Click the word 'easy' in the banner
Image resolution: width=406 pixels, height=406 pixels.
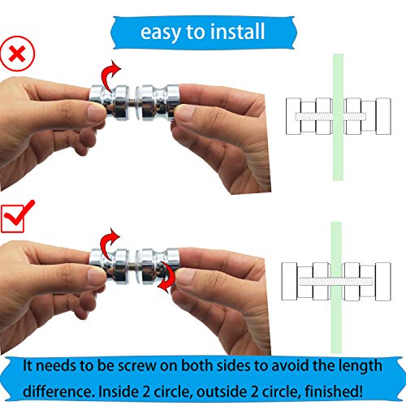pos(159,32)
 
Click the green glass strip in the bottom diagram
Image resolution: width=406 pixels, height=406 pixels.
pos(337,235)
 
